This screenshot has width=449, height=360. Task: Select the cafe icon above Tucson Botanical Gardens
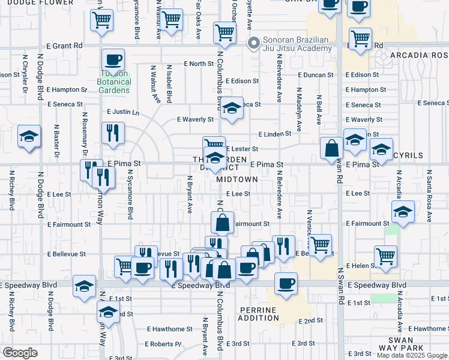[x=113, y=61]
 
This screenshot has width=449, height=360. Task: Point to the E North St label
[x=199, y=63]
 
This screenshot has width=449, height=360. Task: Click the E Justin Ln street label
[x=122, y=112]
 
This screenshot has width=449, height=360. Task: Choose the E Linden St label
[x=274, y=134]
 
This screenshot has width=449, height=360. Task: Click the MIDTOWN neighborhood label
[x=237, y=179]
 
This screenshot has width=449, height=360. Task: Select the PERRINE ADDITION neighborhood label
[x=259, y=313]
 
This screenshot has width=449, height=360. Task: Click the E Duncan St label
[x=315, y=75]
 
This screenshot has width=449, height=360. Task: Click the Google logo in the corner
[x=20, y=353]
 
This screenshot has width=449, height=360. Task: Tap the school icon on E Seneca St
[x=231, y=109]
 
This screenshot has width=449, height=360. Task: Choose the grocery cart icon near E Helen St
[x=386, y=256]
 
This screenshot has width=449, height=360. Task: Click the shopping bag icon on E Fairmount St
[x=222, y=222]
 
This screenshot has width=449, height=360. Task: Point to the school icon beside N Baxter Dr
[x=29, y=137]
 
